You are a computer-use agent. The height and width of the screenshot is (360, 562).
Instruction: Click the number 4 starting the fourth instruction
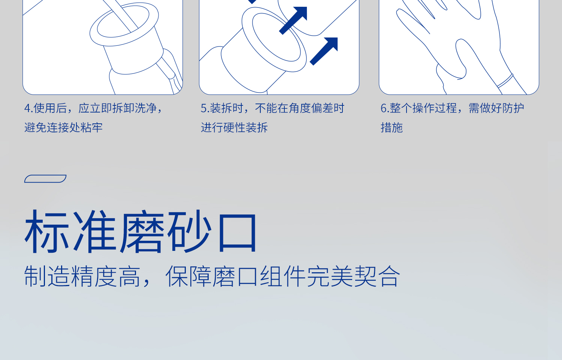coord(27,108)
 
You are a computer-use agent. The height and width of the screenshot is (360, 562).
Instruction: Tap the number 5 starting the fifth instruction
coord(203,108)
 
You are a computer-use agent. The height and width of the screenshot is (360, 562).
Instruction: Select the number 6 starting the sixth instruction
coord(383,108)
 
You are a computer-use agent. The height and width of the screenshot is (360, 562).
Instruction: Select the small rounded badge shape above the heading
coord(45,178)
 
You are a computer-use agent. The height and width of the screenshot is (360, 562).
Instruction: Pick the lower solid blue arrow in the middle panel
coord(324,51)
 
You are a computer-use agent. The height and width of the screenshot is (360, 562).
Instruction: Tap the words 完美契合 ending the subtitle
coord(353,277)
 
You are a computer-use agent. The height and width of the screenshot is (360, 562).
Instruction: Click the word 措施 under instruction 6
coord(392,128)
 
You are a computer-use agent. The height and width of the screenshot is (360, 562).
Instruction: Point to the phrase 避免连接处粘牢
coord(63,128)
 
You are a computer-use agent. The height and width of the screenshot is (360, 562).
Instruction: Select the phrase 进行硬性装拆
coord(234,128)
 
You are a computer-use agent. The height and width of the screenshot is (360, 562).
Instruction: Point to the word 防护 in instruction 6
coord(513,108)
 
